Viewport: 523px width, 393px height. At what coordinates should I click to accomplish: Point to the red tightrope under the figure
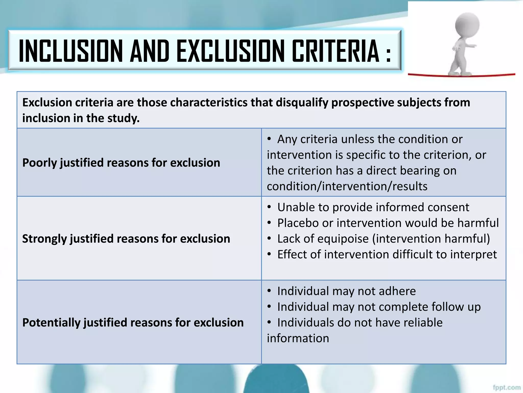click(x=434, y=75)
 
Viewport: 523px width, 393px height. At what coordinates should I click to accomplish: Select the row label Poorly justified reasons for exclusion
click(x=121, y=163)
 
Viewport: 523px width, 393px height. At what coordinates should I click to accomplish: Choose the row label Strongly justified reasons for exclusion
click(x=126, y=239)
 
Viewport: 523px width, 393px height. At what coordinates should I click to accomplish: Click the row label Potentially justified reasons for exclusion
click(x=133, y=322)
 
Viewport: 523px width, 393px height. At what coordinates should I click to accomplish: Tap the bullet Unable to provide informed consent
click(x=373, y=207)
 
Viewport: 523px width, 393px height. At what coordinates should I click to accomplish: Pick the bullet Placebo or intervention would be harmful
click(x=388, y=223)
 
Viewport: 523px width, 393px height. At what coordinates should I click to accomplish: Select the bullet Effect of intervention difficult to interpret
click(x=387, y=255)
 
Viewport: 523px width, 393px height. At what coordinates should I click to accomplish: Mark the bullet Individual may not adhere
click(x=346, y=291)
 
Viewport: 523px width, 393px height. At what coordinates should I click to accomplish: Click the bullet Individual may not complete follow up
click(x=379, y=307)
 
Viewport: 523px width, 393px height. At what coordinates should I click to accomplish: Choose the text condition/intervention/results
click(x=347, y=186)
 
